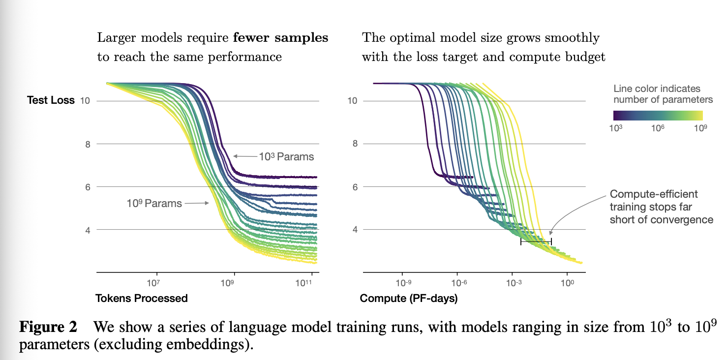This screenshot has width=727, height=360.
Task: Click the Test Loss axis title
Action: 51,100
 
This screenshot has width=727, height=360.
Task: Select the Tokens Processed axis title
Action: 142,298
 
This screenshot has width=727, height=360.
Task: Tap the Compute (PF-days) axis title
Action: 409,298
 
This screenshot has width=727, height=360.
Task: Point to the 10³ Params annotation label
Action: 286,156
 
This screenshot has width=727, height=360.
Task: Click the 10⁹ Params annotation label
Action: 154,203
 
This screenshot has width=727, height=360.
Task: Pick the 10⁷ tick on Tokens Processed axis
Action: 153,283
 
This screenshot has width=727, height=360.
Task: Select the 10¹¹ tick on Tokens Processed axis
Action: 303,283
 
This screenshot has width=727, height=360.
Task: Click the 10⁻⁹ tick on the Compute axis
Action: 403,283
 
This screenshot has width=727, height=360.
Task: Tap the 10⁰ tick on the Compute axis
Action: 567,283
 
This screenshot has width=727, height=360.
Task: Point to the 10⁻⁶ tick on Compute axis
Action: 459,283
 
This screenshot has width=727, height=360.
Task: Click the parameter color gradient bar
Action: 658,116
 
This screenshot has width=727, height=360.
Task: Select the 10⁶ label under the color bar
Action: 658,128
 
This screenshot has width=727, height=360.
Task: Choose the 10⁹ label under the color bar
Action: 700,128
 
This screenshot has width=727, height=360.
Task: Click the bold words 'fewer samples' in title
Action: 280,38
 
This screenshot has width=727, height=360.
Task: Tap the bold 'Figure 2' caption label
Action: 48,327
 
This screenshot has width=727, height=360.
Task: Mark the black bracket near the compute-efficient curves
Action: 536,241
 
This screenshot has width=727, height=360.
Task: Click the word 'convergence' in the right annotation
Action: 683,220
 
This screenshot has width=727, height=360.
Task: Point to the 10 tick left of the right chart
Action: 352,101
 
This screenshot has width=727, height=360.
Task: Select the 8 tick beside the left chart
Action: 88,144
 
